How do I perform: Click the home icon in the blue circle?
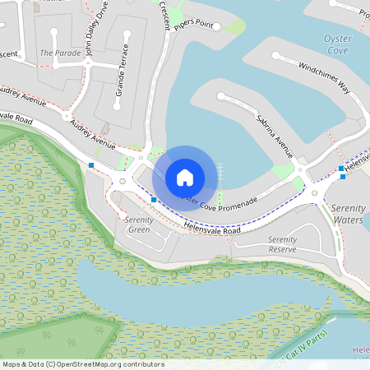(x=185, y=177)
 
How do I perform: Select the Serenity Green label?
(x=139, y=224)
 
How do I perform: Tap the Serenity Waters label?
(x=348, y=215)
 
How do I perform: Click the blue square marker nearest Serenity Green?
(x=154, y=200)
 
